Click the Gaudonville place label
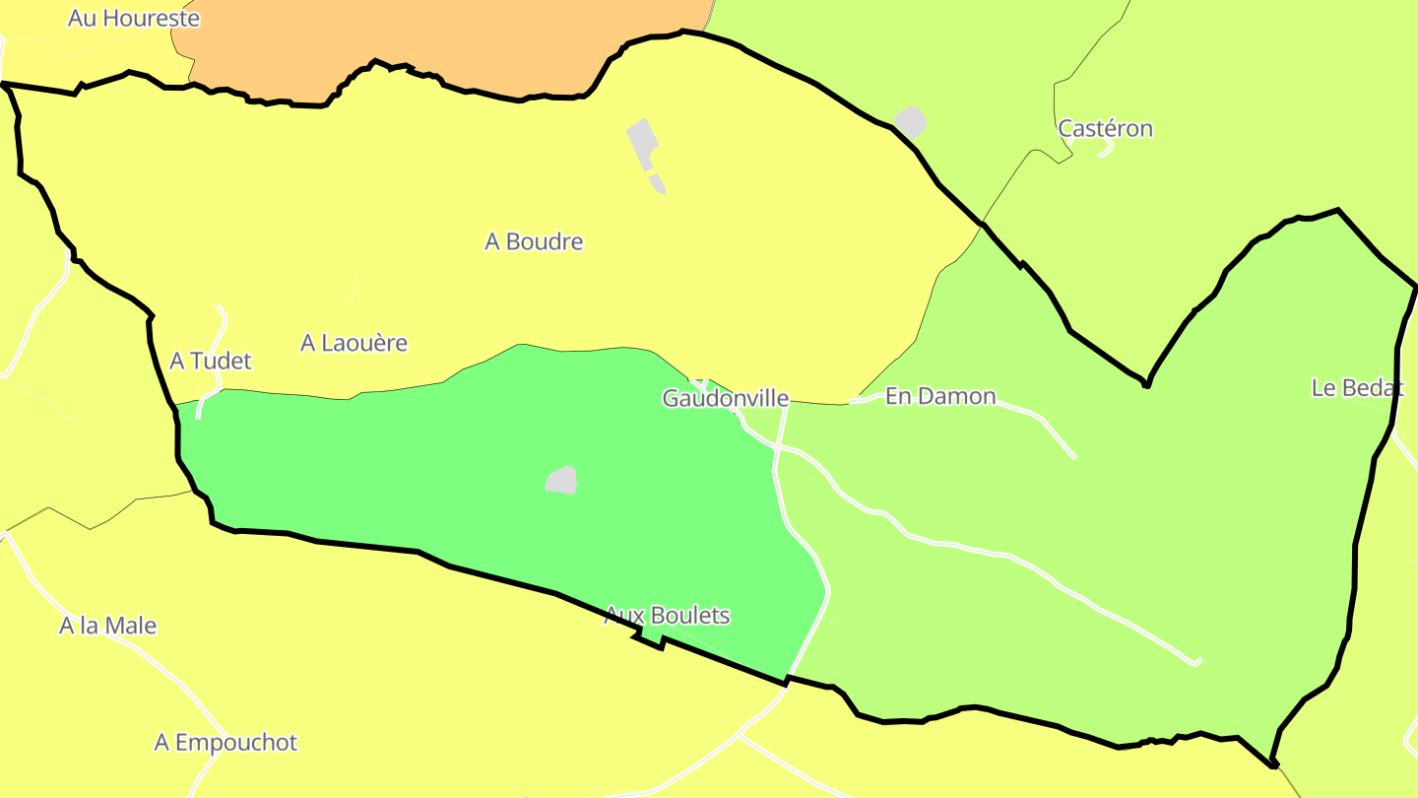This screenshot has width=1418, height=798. (725, 398)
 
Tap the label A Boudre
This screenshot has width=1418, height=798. (534, 241)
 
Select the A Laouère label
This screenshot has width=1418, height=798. (354, 343)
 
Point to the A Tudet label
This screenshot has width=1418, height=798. (210, 361)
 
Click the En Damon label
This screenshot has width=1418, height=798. (940, 396)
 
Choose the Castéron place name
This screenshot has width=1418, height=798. (1105, 128)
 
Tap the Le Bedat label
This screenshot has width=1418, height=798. (1357, 387)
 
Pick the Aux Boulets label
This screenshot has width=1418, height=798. (667, 615)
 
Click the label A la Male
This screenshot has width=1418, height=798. (107, 626)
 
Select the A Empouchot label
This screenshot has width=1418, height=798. (226, 742)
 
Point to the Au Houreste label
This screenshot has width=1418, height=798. (133, 18)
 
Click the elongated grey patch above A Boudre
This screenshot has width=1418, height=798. (644, 146)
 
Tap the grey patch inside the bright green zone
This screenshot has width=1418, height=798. (561, 480)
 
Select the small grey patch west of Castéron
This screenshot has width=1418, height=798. (911, 121)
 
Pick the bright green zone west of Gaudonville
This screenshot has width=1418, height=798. (443, 473)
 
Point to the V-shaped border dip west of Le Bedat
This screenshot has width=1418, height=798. (1146, 382)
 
